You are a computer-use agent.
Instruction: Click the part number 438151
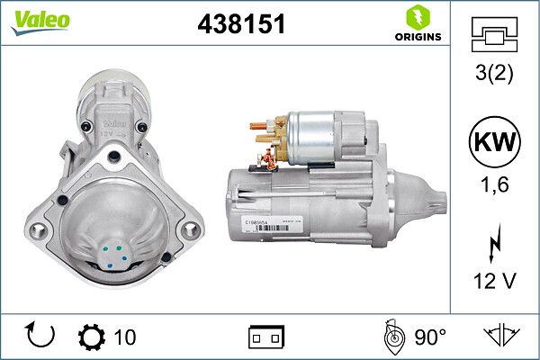pos(240,24)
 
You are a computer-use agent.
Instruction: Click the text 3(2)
pos(494,72)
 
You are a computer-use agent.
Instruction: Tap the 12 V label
pos(494,281)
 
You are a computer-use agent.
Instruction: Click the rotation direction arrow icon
pos(41,337)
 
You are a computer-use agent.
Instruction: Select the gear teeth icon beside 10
pos(91,337)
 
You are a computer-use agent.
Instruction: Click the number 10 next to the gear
pos(126,337)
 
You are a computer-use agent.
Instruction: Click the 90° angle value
pos(430,337)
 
